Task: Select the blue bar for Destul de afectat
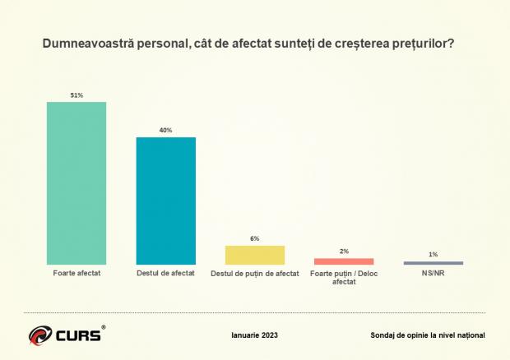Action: click(165, 201)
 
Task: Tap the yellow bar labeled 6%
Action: click(255, 255)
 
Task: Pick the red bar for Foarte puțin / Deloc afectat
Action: click(344, 261)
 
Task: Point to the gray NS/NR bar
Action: click(433, 263)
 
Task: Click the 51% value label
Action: click(76, 95)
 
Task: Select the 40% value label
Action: click(165, 131)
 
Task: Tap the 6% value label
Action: click(255, 238)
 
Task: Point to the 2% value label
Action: click(344, 252)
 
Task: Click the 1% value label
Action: click(433, 255)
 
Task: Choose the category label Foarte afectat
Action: click(76, 273)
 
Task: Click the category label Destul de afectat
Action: click(165, 273)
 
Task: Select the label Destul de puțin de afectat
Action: click(255, 273)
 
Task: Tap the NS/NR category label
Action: click(433, 273)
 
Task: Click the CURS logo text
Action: click(79, 335)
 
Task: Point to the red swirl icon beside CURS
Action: click(39, 335)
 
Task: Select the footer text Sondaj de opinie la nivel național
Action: click(429, 335)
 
